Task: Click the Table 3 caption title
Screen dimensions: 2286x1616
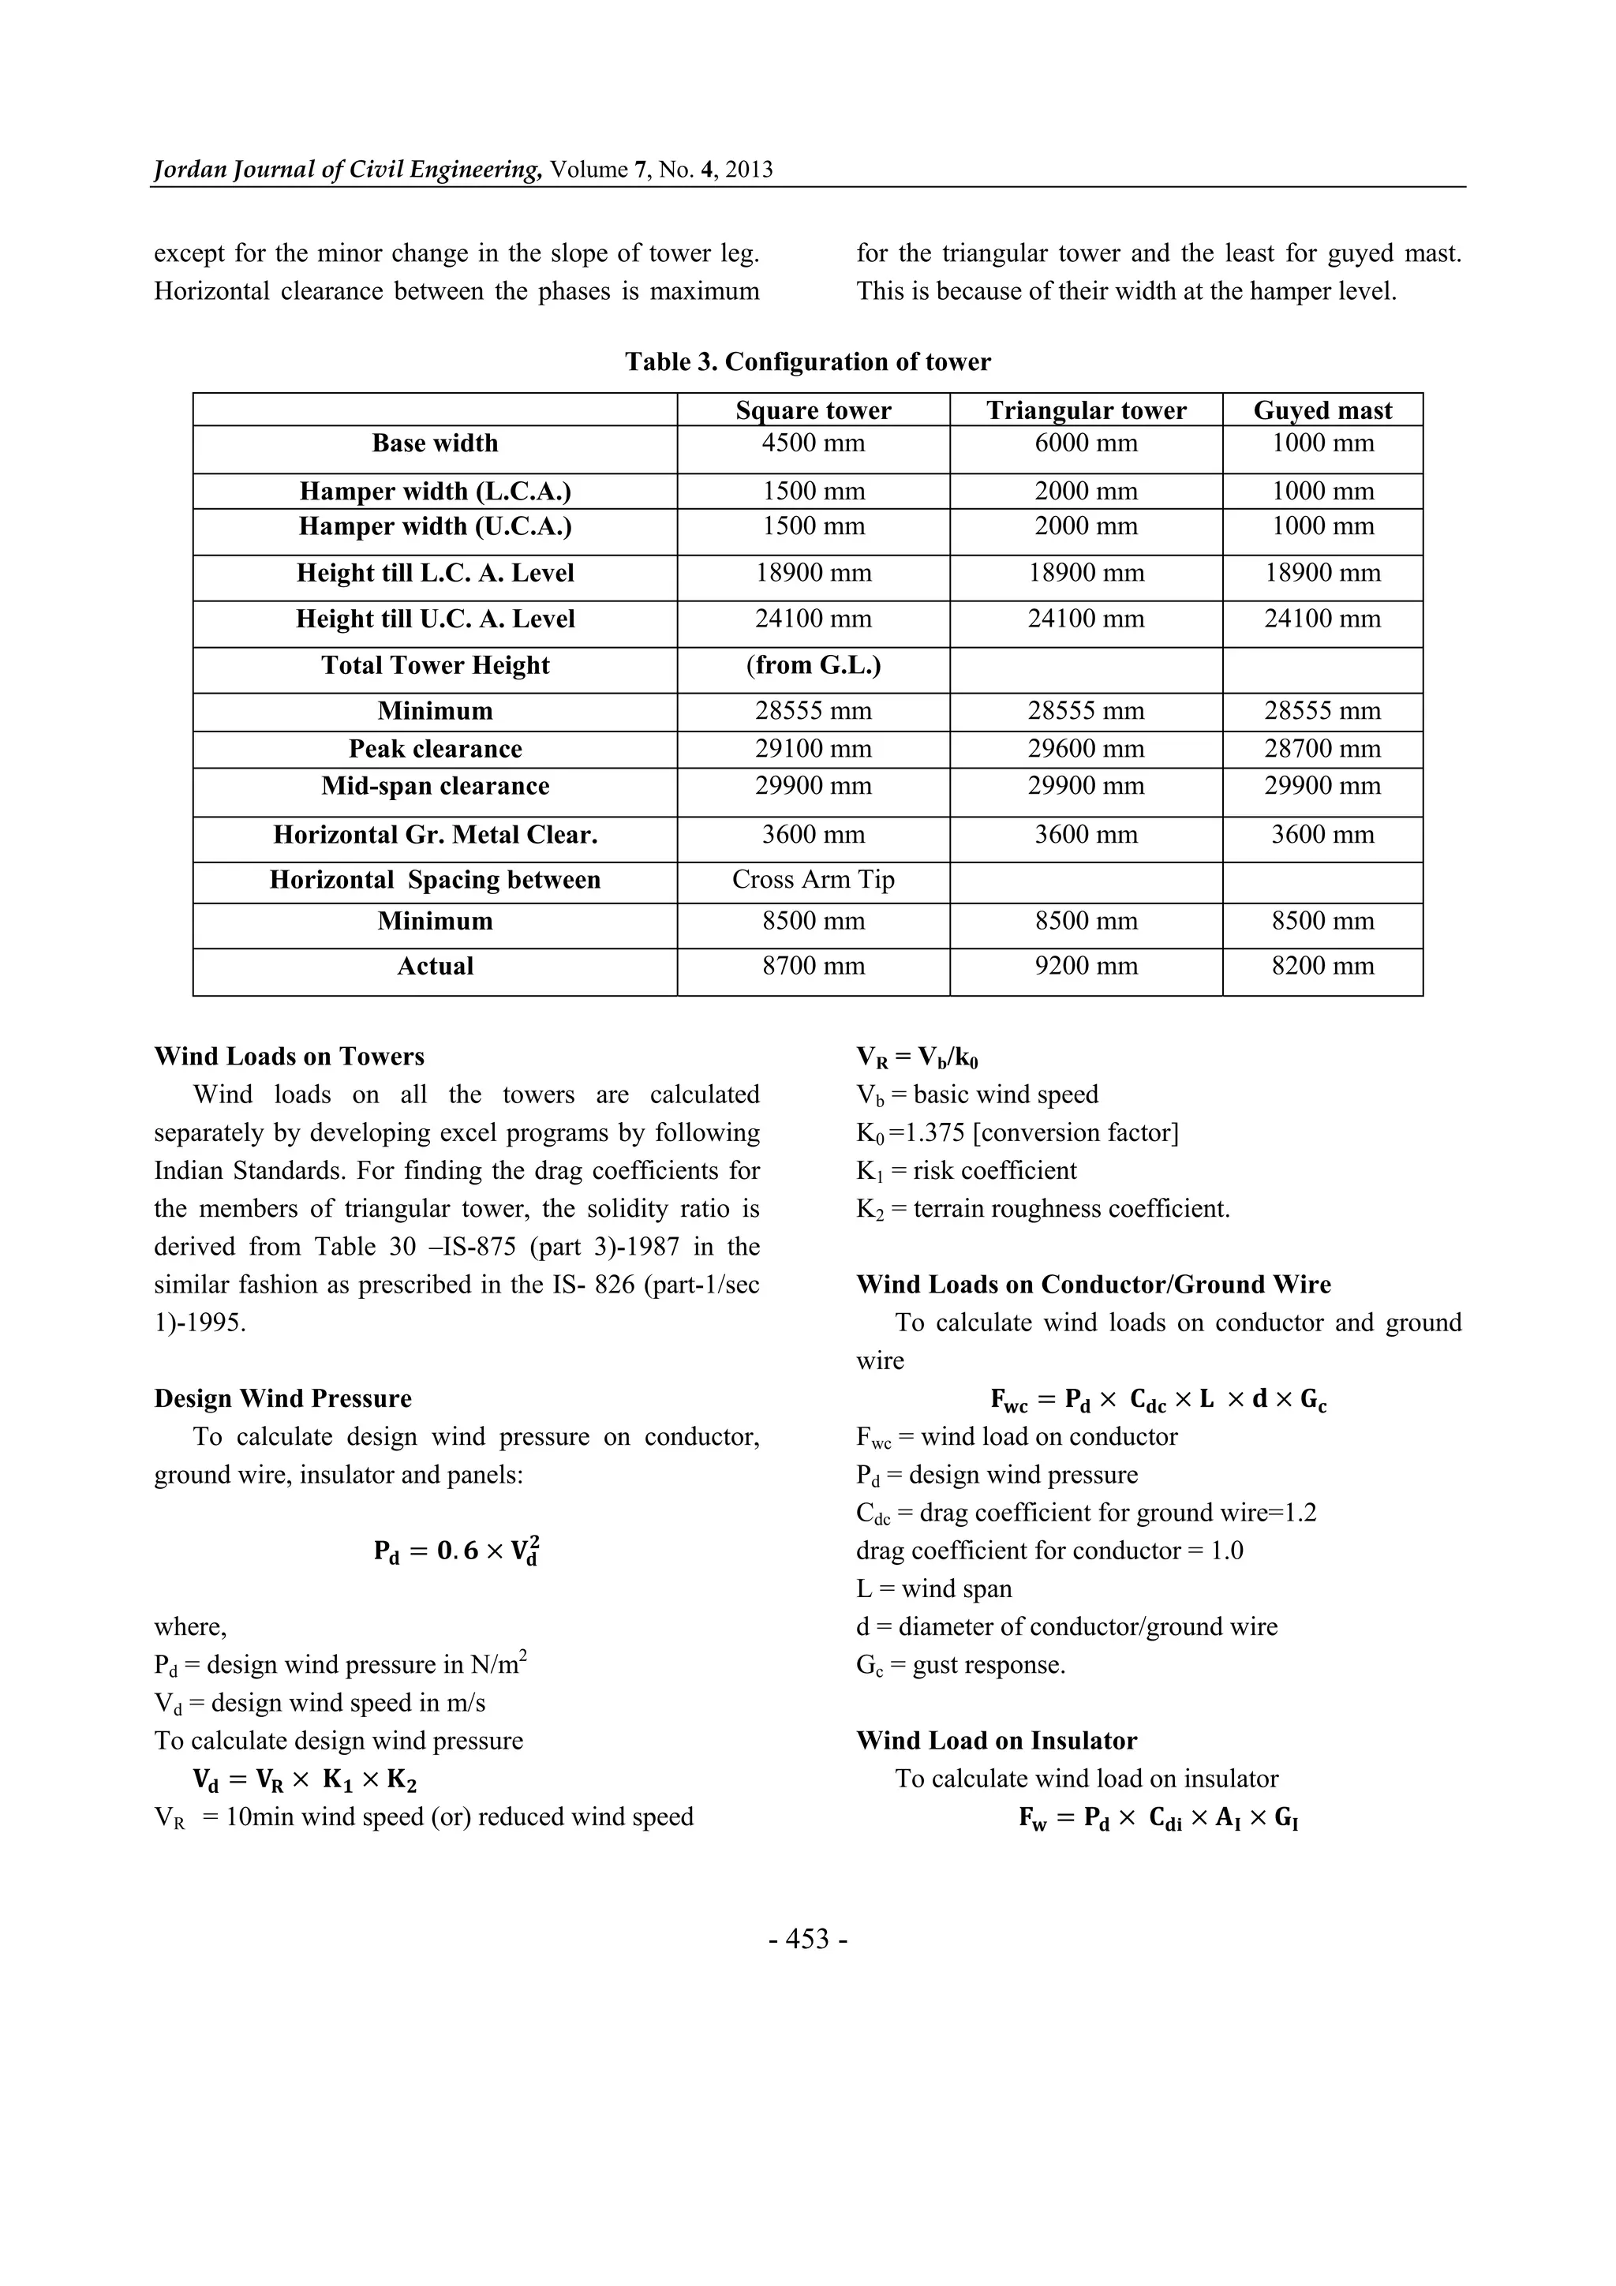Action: click(x=807, y=361)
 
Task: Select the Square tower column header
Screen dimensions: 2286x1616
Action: click(x=813, y=410)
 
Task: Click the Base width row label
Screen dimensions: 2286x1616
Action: click(x=435, y=443)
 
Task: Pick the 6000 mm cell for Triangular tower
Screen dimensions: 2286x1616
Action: click(x=1085, y=443)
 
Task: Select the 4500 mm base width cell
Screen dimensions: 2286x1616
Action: click(x=813, y=443)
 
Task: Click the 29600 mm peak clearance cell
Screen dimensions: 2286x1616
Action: click(x=1085, y=749)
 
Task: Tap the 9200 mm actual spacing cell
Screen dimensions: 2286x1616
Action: click(x=1085, y=966)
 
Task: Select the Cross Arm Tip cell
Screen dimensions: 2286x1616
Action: click(x=813, y=879)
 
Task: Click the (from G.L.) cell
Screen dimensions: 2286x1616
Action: click(x=813, y=665)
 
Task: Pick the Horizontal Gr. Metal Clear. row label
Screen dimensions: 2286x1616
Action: click(x=435, y=834)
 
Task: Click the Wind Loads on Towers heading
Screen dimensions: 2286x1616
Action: click(x=289, y=1057)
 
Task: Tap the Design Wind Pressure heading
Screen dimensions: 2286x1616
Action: click(x=282, y=1398)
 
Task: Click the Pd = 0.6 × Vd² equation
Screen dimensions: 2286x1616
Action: click(x=457, y=1551)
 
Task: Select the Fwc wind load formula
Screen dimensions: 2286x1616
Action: click(x=1158, y=1400)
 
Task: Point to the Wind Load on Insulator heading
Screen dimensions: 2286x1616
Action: click(x=996, y=1741)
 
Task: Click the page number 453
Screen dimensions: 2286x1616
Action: click(x=807, y=1940)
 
